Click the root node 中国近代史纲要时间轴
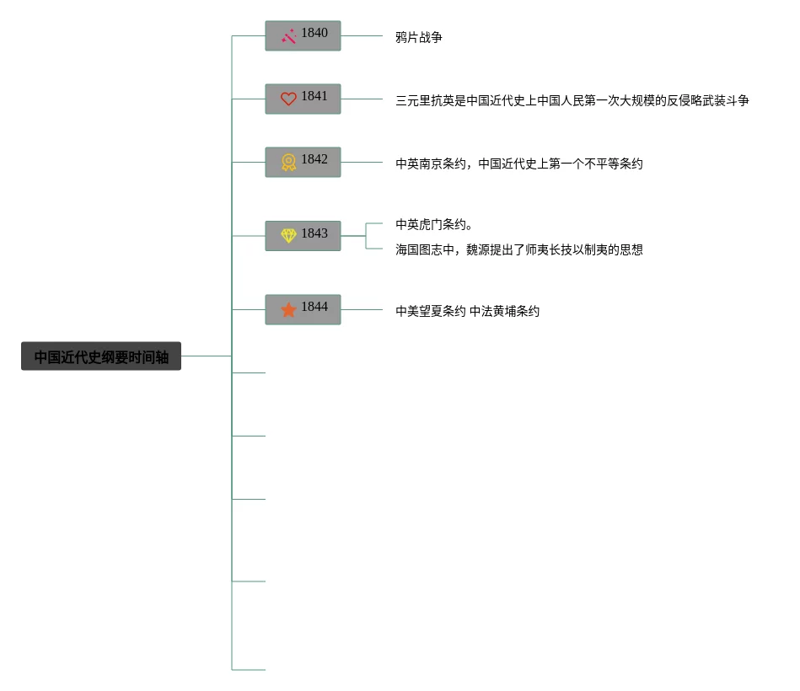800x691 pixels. (x=101, y=356)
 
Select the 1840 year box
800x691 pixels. (x=303, y=35)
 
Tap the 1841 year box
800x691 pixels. (x=303, y=99)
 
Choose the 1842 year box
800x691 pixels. (x=303, y=162)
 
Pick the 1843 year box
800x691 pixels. (x=303, y=235)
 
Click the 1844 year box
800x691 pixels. (x=303, y=309)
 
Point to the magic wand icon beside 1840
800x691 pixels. (x=288, y=36)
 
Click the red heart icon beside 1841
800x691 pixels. (x=288, y=99)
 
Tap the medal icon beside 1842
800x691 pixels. (x=288, y=162)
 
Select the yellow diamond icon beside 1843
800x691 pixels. (x=288, y=236)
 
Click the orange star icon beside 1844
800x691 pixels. (x=288, y=310)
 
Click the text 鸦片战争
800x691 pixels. (x=419, y=37)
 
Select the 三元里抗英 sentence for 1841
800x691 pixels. (x=572, y=100)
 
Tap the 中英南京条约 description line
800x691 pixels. (x=519, y=163)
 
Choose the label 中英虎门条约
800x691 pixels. (x=434, y=224)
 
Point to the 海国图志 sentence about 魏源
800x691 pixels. (x=519, y=249)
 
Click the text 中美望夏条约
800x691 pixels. (x=431, y=311)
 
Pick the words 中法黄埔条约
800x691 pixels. (x=504, y=311)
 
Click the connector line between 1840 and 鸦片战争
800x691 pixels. (x=362, y=36)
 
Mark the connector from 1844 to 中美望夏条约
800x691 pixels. (x=362, y=310)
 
